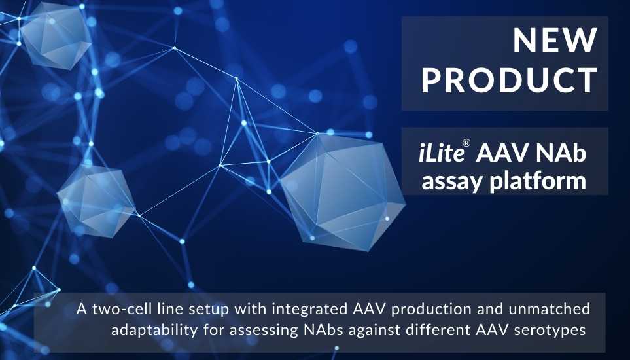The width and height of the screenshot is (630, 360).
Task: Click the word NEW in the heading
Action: point(555,41)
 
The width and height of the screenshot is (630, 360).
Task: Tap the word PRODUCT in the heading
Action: point(510,81)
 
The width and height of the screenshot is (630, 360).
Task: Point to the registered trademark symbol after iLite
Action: point(466,143)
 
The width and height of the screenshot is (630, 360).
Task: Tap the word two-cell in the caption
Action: point(118,309)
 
